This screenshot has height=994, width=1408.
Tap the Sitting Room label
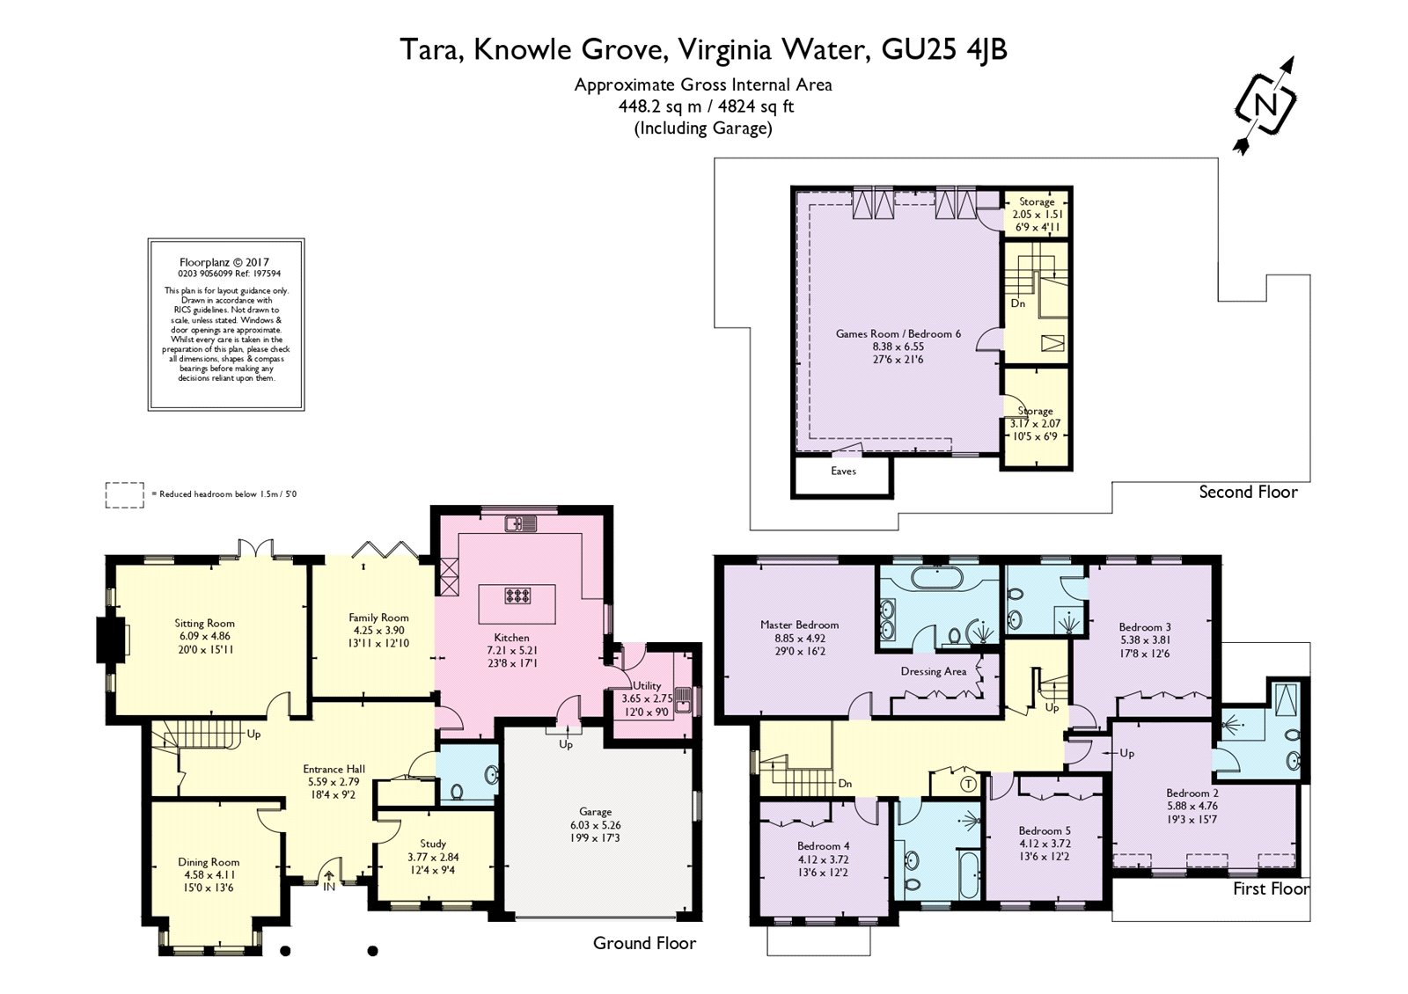pos(204,624)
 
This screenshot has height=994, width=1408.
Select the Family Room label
pos(378,618)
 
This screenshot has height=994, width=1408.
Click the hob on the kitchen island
pos(517,596)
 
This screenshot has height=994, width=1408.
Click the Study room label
pos(433,844)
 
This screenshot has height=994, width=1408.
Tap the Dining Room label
pos(209,862)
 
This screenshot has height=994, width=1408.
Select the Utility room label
pos(647,686)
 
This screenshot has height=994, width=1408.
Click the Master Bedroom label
pos(799,625)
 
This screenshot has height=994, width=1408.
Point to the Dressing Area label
pos(934,671)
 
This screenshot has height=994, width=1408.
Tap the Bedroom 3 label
pos(1145,627)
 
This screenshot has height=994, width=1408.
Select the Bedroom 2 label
pos(1192,793)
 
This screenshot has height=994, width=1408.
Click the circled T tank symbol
pos(969,783)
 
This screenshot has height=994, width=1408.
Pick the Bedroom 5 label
pos(1045,830)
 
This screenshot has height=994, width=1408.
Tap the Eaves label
pos(843,471)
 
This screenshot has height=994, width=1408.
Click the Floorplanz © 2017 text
pos(224,262)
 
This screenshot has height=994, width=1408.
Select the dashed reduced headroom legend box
pos(124,494)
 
